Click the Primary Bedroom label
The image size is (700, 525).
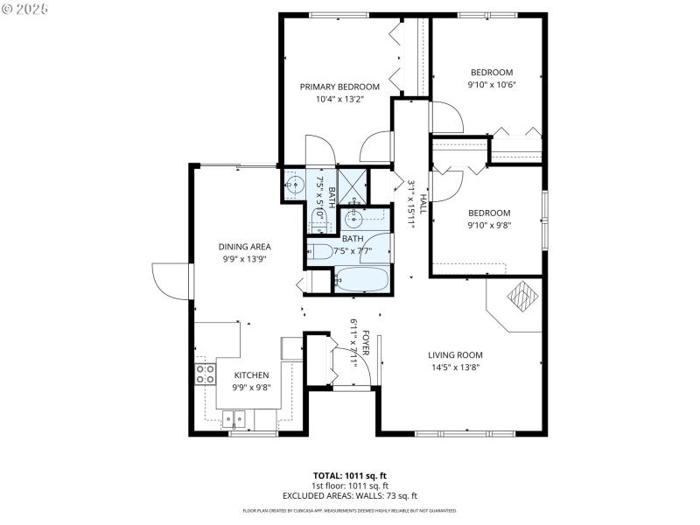click(339, 87)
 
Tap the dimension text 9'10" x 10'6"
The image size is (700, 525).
click(491, 85)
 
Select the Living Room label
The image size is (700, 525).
click(455, 354)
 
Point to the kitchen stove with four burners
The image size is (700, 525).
click(205, 374)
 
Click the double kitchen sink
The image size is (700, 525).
click(234, 418)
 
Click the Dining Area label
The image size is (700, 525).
click(244, 247)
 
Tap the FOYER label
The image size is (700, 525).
click(366, 344)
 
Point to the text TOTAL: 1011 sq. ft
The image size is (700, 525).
click(349, 476)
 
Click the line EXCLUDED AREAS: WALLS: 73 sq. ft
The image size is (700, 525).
click(349, 495)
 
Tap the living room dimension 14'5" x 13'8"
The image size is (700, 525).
click(454, 367)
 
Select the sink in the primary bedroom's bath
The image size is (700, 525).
click(295, 184)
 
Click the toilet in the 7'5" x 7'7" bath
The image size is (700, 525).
click(320, 252)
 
